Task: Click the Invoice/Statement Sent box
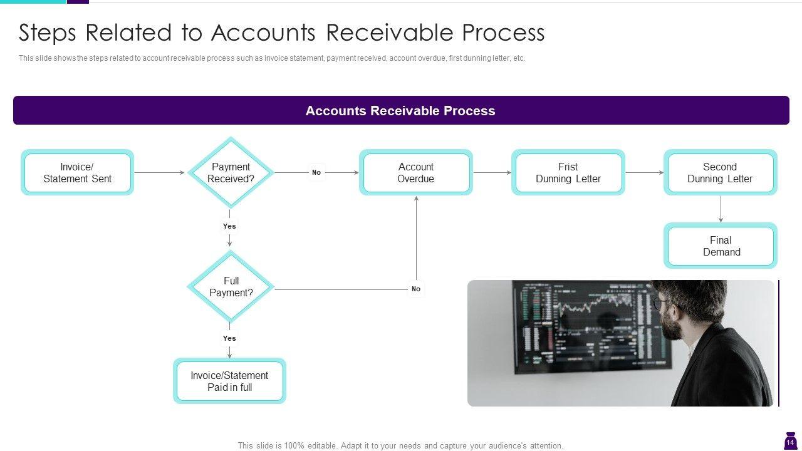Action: point(77,172)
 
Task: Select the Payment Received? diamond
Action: point(231,172)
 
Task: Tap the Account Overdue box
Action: point(415,172)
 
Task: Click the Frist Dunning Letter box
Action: point(568,172)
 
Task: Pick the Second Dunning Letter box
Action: point(721,172)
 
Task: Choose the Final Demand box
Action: point(721,246)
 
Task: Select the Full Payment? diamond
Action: point(231,287)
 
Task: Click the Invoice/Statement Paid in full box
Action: point(229,381)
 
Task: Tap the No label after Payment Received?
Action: point(316,172)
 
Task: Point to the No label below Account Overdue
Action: point(416,289)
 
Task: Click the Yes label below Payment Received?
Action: point(229,226)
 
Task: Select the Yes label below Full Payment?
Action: point(229,338)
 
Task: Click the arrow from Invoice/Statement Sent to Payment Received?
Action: point(160,172)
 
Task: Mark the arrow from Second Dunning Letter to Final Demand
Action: point(721,209)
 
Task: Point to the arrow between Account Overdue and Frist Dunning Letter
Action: point(492,172)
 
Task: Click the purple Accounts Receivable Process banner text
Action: point(400,111)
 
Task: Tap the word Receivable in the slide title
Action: point(390,33)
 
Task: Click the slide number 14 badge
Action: point(790,442)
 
